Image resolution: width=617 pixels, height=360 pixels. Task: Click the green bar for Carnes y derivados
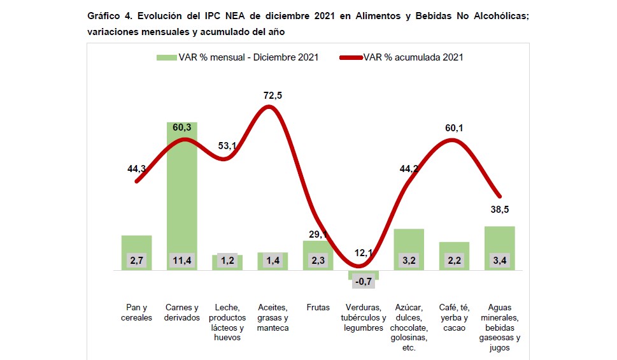coord(182,191)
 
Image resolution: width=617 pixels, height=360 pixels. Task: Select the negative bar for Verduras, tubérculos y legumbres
coord(364,275)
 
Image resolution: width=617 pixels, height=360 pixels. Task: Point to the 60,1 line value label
coord(453,128)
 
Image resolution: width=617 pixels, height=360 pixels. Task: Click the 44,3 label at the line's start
coord(138,169)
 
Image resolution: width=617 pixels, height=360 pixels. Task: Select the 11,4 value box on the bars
coord(182,260)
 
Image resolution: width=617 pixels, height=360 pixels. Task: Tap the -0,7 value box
coord(364,282)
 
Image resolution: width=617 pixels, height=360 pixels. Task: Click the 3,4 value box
coord(499,260)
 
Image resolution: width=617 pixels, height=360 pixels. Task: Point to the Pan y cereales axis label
coord(137,312)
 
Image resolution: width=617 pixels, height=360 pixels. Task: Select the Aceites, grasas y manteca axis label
coord(273,317)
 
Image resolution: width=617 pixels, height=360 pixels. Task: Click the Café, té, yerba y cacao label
coord(454,317)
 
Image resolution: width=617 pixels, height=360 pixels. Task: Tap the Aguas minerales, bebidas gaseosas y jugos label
coord(499,328)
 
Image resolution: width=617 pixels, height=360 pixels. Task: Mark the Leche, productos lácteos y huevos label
coord(227,322)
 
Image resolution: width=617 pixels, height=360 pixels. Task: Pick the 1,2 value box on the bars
coord(227,260)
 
